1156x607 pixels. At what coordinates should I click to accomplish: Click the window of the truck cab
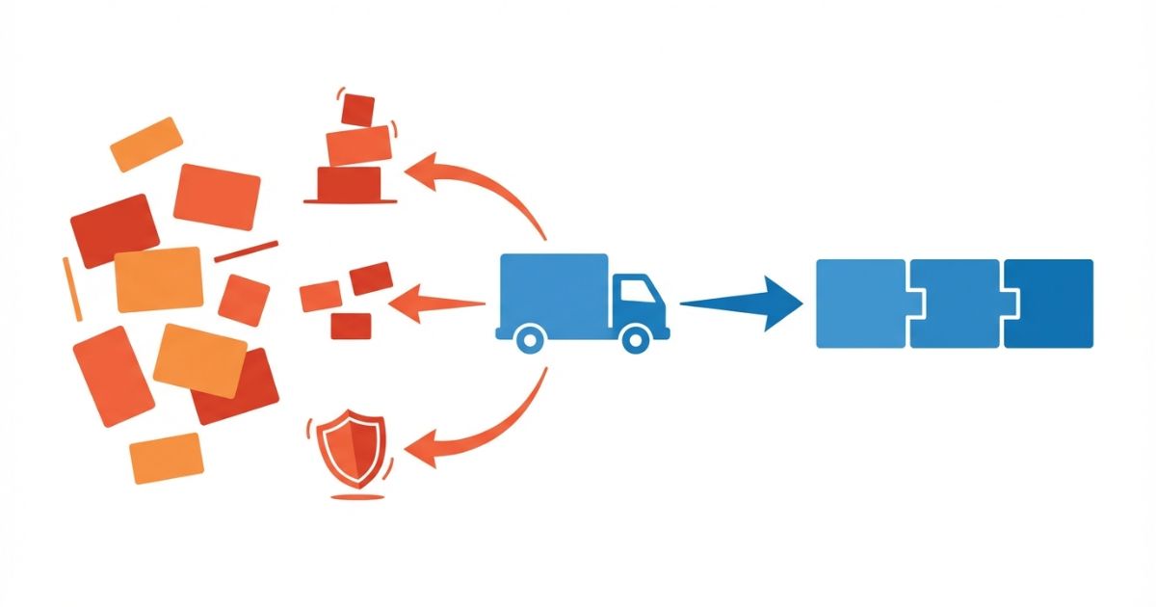633,291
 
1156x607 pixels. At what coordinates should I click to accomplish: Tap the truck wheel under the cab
635,337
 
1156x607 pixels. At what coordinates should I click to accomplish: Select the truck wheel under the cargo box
529,337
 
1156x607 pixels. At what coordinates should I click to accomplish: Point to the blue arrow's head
782,303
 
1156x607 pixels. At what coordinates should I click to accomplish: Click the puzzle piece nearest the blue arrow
860,303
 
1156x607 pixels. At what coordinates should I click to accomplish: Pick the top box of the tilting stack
358,109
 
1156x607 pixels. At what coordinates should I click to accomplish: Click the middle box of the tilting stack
359,145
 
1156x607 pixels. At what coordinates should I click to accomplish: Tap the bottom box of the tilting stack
349,181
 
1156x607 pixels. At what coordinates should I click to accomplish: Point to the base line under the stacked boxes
350,200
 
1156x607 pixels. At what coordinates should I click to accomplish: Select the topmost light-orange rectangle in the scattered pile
146,145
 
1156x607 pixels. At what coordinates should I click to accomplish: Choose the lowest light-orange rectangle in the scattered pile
166,458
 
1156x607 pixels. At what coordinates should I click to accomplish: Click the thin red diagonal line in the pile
246,251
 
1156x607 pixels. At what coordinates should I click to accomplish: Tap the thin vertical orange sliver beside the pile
72,289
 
